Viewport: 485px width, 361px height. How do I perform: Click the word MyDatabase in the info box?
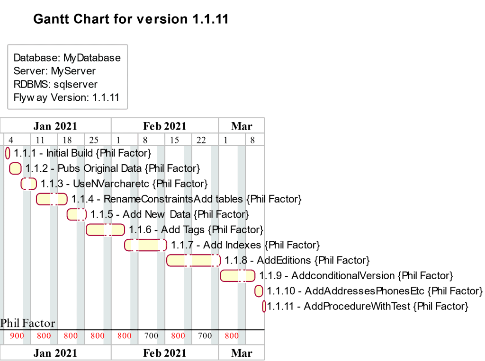click(92, 58)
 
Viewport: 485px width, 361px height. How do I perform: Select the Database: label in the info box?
click(37, 58)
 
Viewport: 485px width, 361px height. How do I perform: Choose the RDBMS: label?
click(31, 84)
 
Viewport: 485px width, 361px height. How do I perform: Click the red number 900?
click(17, 336)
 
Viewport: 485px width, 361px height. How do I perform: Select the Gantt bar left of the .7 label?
click(145, 245)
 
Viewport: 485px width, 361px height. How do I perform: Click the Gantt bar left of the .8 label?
click(193, 260)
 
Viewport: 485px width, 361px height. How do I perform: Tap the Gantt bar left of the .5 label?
click(76, 214)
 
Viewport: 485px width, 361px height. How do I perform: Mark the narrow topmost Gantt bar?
click(8, 153)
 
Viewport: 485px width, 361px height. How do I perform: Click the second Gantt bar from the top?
click(15, 168)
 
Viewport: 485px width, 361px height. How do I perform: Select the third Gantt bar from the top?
click(29, 184)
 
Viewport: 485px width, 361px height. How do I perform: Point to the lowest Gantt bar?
click(264, 306)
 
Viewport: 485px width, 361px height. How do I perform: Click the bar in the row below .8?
click(237, 275)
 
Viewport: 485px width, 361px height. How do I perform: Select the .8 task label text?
click(243, 260)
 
